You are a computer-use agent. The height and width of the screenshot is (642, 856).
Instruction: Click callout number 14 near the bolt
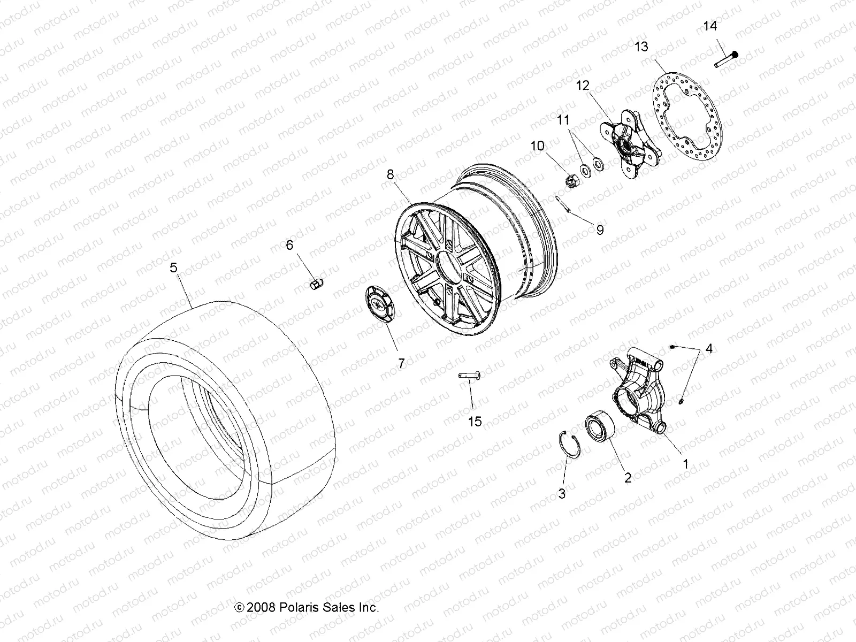click(709, 26)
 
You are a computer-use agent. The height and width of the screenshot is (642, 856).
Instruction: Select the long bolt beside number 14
click(725, 59)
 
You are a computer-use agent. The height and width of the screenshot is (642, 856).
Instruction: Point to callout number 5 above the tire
click(173, 267)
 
